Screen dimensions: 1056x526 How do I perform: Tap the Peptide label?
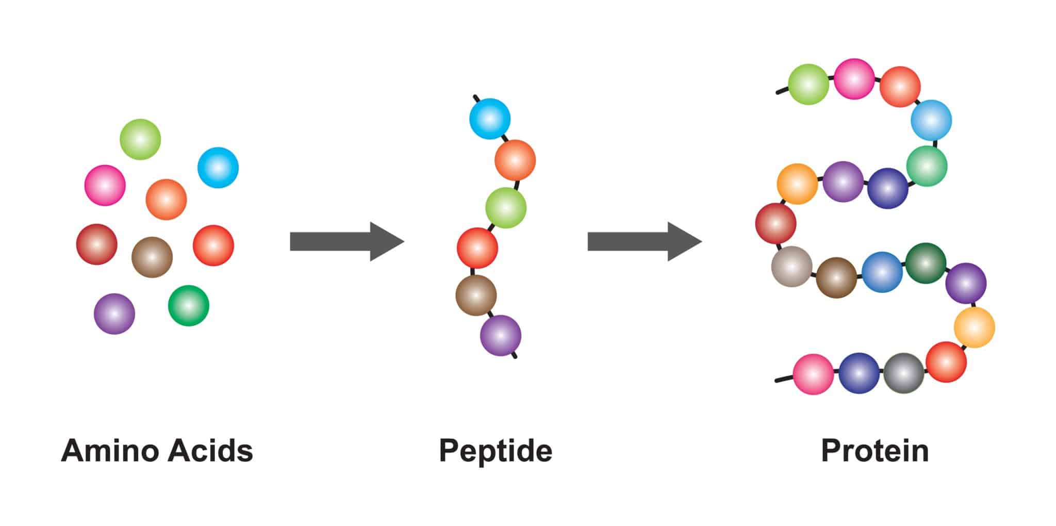click(x=496, y=452)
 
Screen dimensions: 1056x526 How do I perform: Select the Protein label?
click(x=875, y=451)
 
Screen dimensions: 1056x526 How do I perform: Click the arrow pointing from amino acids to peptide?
click(x=347, y=241)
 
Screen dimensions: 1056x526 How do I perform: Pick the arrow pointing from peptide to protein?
click(x=645, y=241)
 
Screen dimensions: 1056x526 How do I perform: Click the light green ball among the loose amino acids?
click(x=140, y=139)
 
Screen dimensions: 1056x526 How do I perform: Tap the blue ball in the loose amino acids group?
click(x=218, y=168)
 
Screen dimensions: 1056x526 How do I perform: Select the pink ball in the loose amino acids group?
click(x=105, y=185)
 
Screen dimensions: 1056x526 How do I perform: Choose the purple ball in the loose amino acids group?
click(x=114, y=314)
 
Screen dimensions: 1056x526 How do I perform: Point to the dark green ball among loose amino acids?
click(x=189, y=305)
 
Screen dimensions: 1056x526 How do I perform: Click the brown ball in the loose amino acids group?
click(x=152, y=257)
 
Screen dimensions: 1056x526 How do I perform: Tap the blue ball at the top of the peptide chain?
click(x=490, y=119)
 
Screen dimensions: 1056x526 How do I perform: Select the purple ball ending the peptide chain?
click(x=501, y=336)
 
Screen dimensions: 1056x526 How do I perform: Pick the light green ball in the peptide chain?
click(x=506, y=207)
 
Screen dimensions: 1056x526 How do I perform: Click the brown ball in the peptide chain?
click(x=476, y=295)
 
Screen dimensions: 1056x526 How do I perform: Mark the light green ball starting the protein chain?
click(x=808, y=84)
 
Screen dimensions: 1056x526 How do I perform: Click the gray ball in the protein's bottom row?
click(x=904, y=373)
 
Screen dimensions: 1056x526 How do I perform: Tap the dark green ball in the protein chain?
click(x=926, y=263)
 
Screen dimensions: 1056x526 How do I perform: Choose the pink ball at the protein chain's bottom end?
click(x=813, y=374)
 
